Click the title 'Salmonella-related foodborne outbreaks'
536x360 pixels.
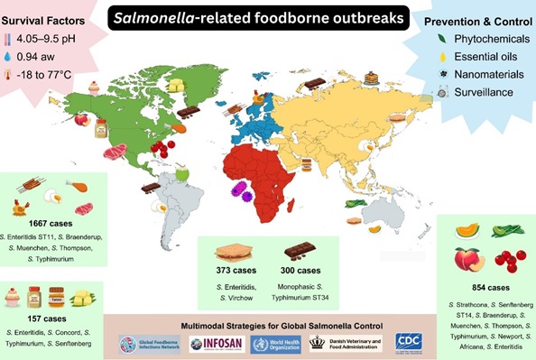coord(268,18)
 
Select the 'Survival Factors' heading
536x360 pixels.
coord(46,19)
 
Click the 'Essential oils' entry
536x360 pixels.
coord(479,58)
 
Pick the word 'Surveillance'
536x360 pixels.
coord(478,92)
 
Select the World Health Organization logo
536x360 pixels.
coord(276,343)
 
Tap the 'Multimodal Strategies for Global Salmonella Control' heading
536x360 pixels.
coord(267,324)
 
